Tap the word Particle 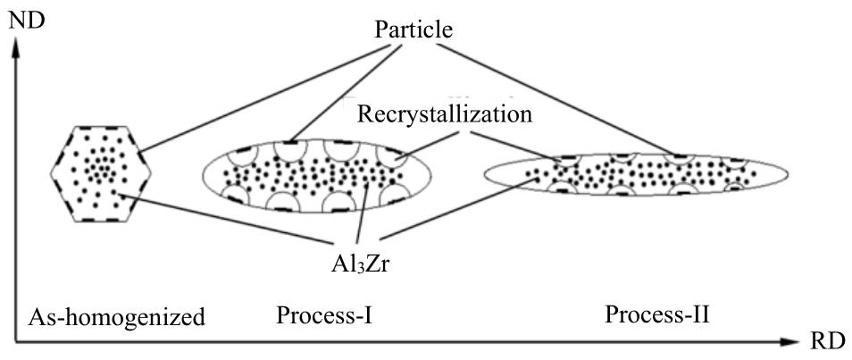click(x=414, y=29)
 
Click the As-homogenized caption click(x=116, y=316)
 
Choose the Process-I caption click(x=324, y=315)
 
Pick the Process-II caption click(x=656, y=315)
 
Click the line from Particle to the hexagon click(x=259, y=94)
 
